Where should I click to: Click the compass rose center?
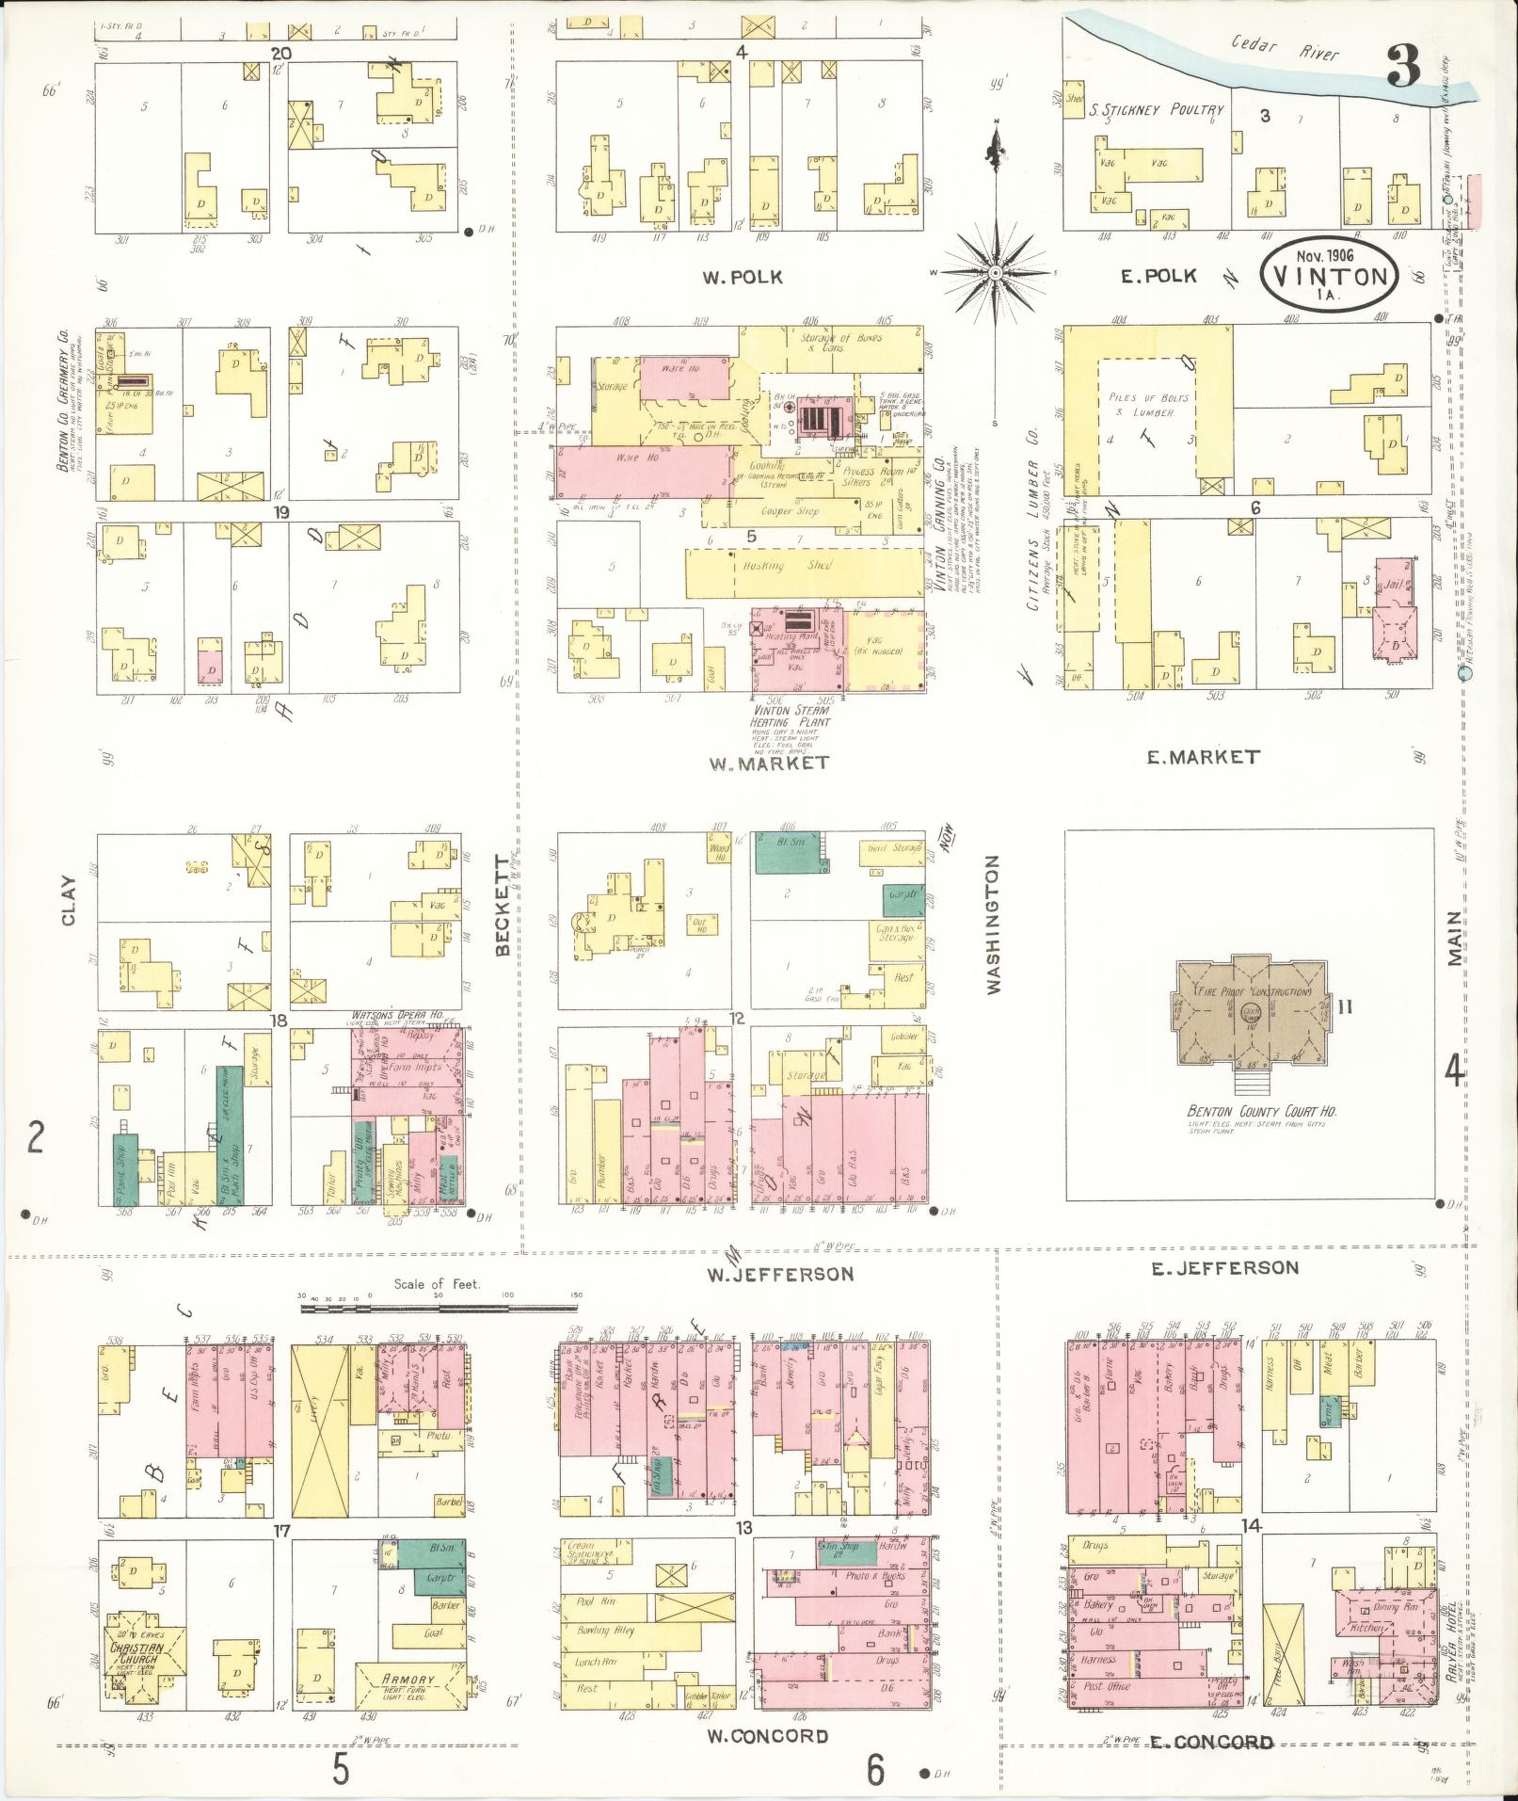coord(994,273)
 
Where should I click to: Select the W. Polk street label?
coord(743,277)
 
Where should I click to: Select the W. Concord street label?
coord(767,1735)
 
